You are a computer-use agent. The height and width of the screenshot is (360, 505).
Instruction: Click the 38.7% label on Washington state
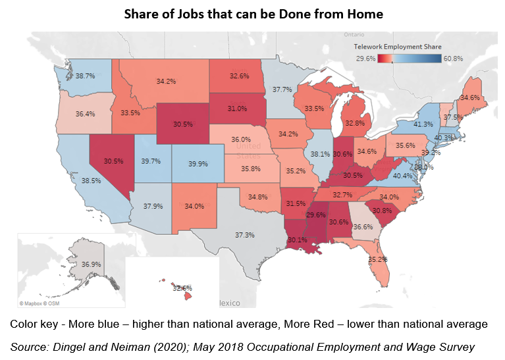click(x=85, y=76)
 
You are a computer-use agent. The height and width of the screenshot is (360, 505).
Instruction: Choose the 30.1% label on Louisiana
click(x=297, y=240)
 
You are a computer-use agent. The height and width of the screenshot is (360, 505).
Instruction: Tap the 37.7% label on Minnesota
click(x=282, y=90)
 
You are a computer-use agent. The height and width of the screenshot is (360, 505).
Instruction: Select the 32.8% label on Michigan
click(x=354, y=122)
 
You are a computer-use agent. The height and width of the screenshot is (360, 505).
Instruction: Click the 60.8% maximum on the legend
click(x=453, y=58)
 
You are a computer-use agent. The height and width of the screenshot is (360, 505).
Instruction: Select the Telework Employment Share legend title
click(x=397, y=47)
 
